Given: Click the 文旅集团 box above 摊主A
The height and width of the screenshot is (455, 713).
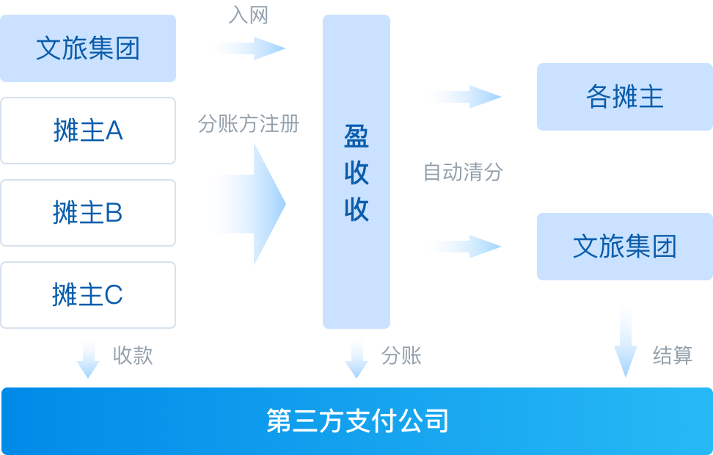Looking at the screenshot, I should click(88, 48).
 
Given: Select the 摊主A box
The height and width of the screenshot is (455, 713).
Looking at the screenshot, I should click(88, 131).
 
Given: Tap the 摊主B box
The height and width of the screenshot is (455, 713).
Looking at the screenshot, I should click(88, 213).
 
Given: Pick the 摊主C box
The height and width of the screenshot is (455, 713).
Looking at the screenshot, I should click(88, 295).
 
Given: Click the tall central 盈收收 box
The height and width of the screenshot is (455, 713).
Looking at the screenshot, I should click(356, 172).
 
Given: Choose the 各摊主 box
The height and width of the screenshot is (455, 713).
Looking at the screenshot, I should click(625, 97).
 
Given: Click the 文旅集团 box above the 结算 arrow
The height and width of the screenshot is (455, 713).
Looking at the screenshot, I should click(625, 247).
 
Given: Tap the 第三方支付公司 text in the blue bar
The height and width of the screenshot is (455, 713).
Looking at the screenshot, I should click(357, 421).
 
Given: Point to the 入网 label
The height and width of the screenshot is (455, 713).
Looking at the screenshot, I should click(249, 16).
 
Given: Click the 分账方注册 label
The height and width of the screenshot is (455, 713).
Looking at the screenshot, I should click(249, 123).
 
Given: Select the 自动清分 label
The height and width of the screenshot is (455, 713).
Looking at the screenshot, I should click(464, 172).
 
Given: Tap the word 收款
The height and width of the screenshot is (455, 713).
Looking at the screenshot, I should click(133, 356).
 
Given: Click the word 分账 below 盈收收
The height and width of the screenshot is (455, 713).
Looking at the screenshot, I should click(401, 356).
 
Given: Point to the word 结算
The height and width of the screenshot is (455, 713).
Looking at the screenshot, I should click(673, 356).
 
